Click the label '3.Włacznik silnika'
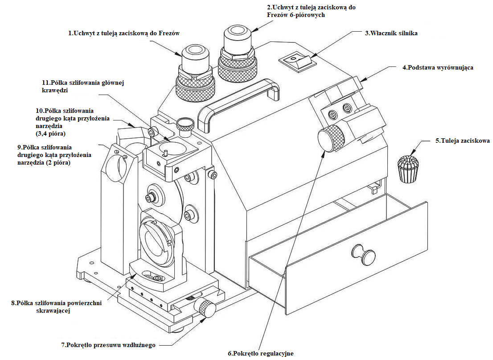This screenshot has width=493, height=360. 391,33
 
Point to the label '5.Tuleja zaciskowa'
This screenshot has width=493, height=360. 463,141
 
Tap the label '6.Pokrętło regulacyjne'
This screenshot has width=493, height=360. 261,353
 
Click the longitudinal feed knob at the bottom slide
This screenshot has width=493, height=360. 206,308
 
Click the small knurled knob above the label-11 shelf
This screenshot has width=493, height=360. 185,123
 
